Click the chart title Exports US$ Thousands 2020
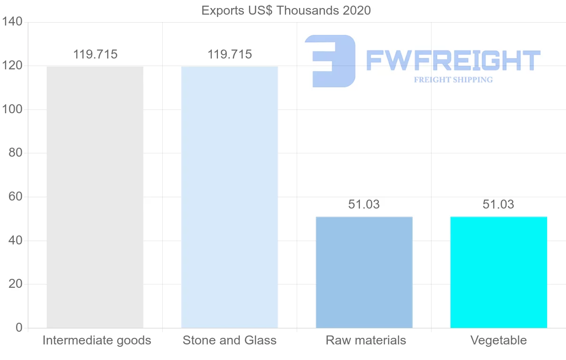click(x=286, y=10)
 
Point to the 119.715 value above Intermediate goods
click(x=95, y=55)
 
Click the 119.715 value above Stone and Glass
click(x=229, y=55)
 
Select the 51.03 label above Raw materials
click(x=364, y=205)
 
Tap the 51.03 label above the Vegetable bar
click(x=499, y=205)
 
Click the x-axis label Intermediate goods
click(x=97, y=341)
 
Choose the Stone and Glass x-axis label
click(x=229, y=341)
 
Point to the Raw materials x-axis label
click(x=366, y=341)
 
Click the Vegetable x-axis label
click(x=499, y=341)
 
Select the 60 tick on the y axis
click(x=16, y=197)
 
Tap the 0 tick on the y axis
click(x=19, y=328)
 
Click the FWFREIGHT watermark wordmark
click(x=453, y=60)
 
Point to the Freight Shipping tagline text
click(x=453, y=80)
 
